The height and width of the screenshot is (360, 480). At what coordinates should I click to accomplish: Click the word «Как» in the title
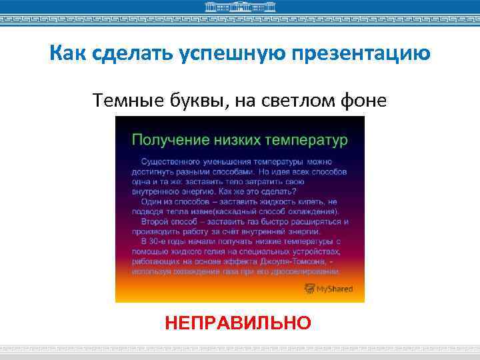click(x=66, y=53)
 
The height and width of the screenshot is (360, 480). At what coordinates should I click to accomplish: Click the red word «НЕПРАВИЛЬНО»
click(x=238, y=323)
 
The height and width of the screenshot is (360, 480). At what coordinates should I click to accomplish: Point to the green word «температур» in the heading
click(x=307, y=140)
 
